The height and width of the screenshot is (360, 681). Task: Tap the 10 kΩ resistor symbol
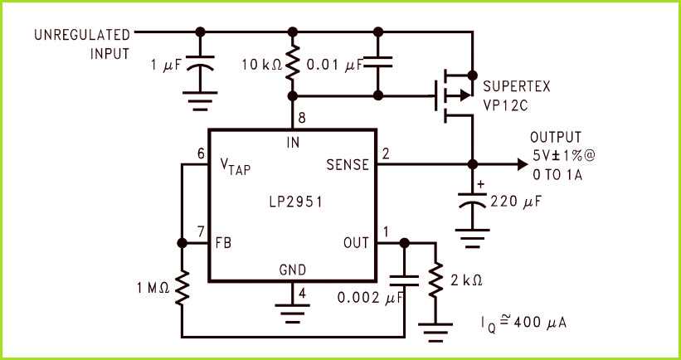292,66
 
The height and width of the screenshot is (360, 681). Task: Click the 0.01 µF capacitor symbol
378,63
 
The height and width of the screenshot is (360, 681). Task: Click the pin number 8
302,119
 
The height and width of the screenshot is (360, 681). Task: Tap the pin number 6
201,154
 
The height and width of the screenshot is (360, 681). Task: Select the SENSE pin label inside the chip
349,165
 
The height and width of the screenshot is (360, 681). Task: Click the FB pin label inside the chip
223,244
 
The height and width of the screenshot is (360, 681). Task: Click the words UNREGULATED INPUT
82,44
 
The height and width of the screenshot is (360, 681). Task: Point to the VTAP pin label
235,167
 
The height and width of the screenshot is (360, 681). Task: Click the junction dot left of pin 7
182,244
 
